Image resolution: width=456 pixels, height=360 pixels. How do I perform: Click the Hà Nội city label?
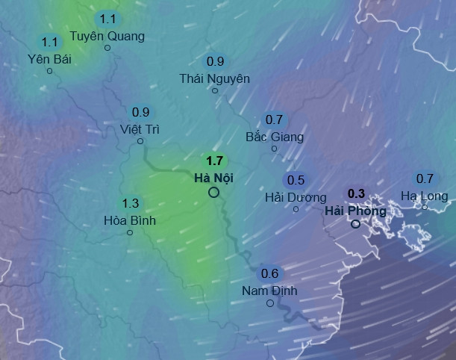[x=213, y=178]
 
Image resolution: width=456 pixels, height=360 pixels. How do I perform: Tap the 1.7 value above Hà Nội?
[x=215, y=161]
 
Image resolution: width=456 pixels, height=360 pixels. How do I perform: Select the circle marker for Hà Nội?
[x=213, y=193]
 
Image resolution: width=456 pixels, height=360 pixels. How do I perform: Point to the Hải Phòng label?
[x=355, y=211]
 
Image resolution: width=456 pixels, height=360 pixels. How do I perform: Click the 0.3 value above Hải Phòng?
[x=357, y=193]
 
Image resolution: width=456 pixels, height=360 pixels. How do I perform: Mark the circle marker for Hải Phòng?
[x=355, y=223]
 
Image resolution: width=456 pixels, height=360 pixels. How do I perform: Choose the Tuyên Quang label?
[x=107, y=35]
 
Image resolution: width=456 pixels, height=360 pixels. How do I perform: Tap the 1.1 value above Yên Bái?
[x=50, y=42]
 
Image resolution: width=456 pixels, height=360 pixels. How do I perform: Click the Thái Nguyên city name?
[x=215, y=78]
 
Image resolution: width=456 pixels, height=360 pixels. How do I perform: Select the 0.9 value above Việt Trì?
[x=140, y=112]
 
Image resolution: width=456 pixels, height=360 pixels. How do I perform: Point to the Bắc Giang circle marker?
[x=274, y=149]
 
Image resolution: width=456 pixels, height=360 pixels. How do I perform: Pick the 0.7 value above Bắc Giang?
[x=274, y=120]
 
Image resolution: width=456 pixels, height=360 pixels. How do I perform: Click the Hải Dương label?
[x=296, y=197]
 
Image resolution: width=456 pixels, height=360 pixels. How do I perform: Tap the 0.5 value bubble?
[x=296, y=180]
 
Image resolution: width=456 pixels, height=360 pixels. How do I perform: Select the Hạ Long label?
[x=424, y=196]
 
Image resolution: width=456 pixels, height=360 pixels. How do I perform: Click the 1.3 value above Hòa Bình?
[x=130, y=203]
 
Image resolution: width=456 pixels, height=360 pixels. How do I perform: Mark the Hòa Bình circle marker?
[x=130, y=232]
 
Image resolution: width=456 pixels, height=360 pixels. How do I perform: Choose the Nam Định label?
[x=269, y=291]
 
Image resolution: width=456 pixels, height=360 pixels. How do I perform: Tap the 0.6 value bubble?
[x=269, y=273]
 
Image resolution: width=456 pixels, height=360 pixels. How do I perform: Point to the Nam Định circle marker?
[x=269, y=302]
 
